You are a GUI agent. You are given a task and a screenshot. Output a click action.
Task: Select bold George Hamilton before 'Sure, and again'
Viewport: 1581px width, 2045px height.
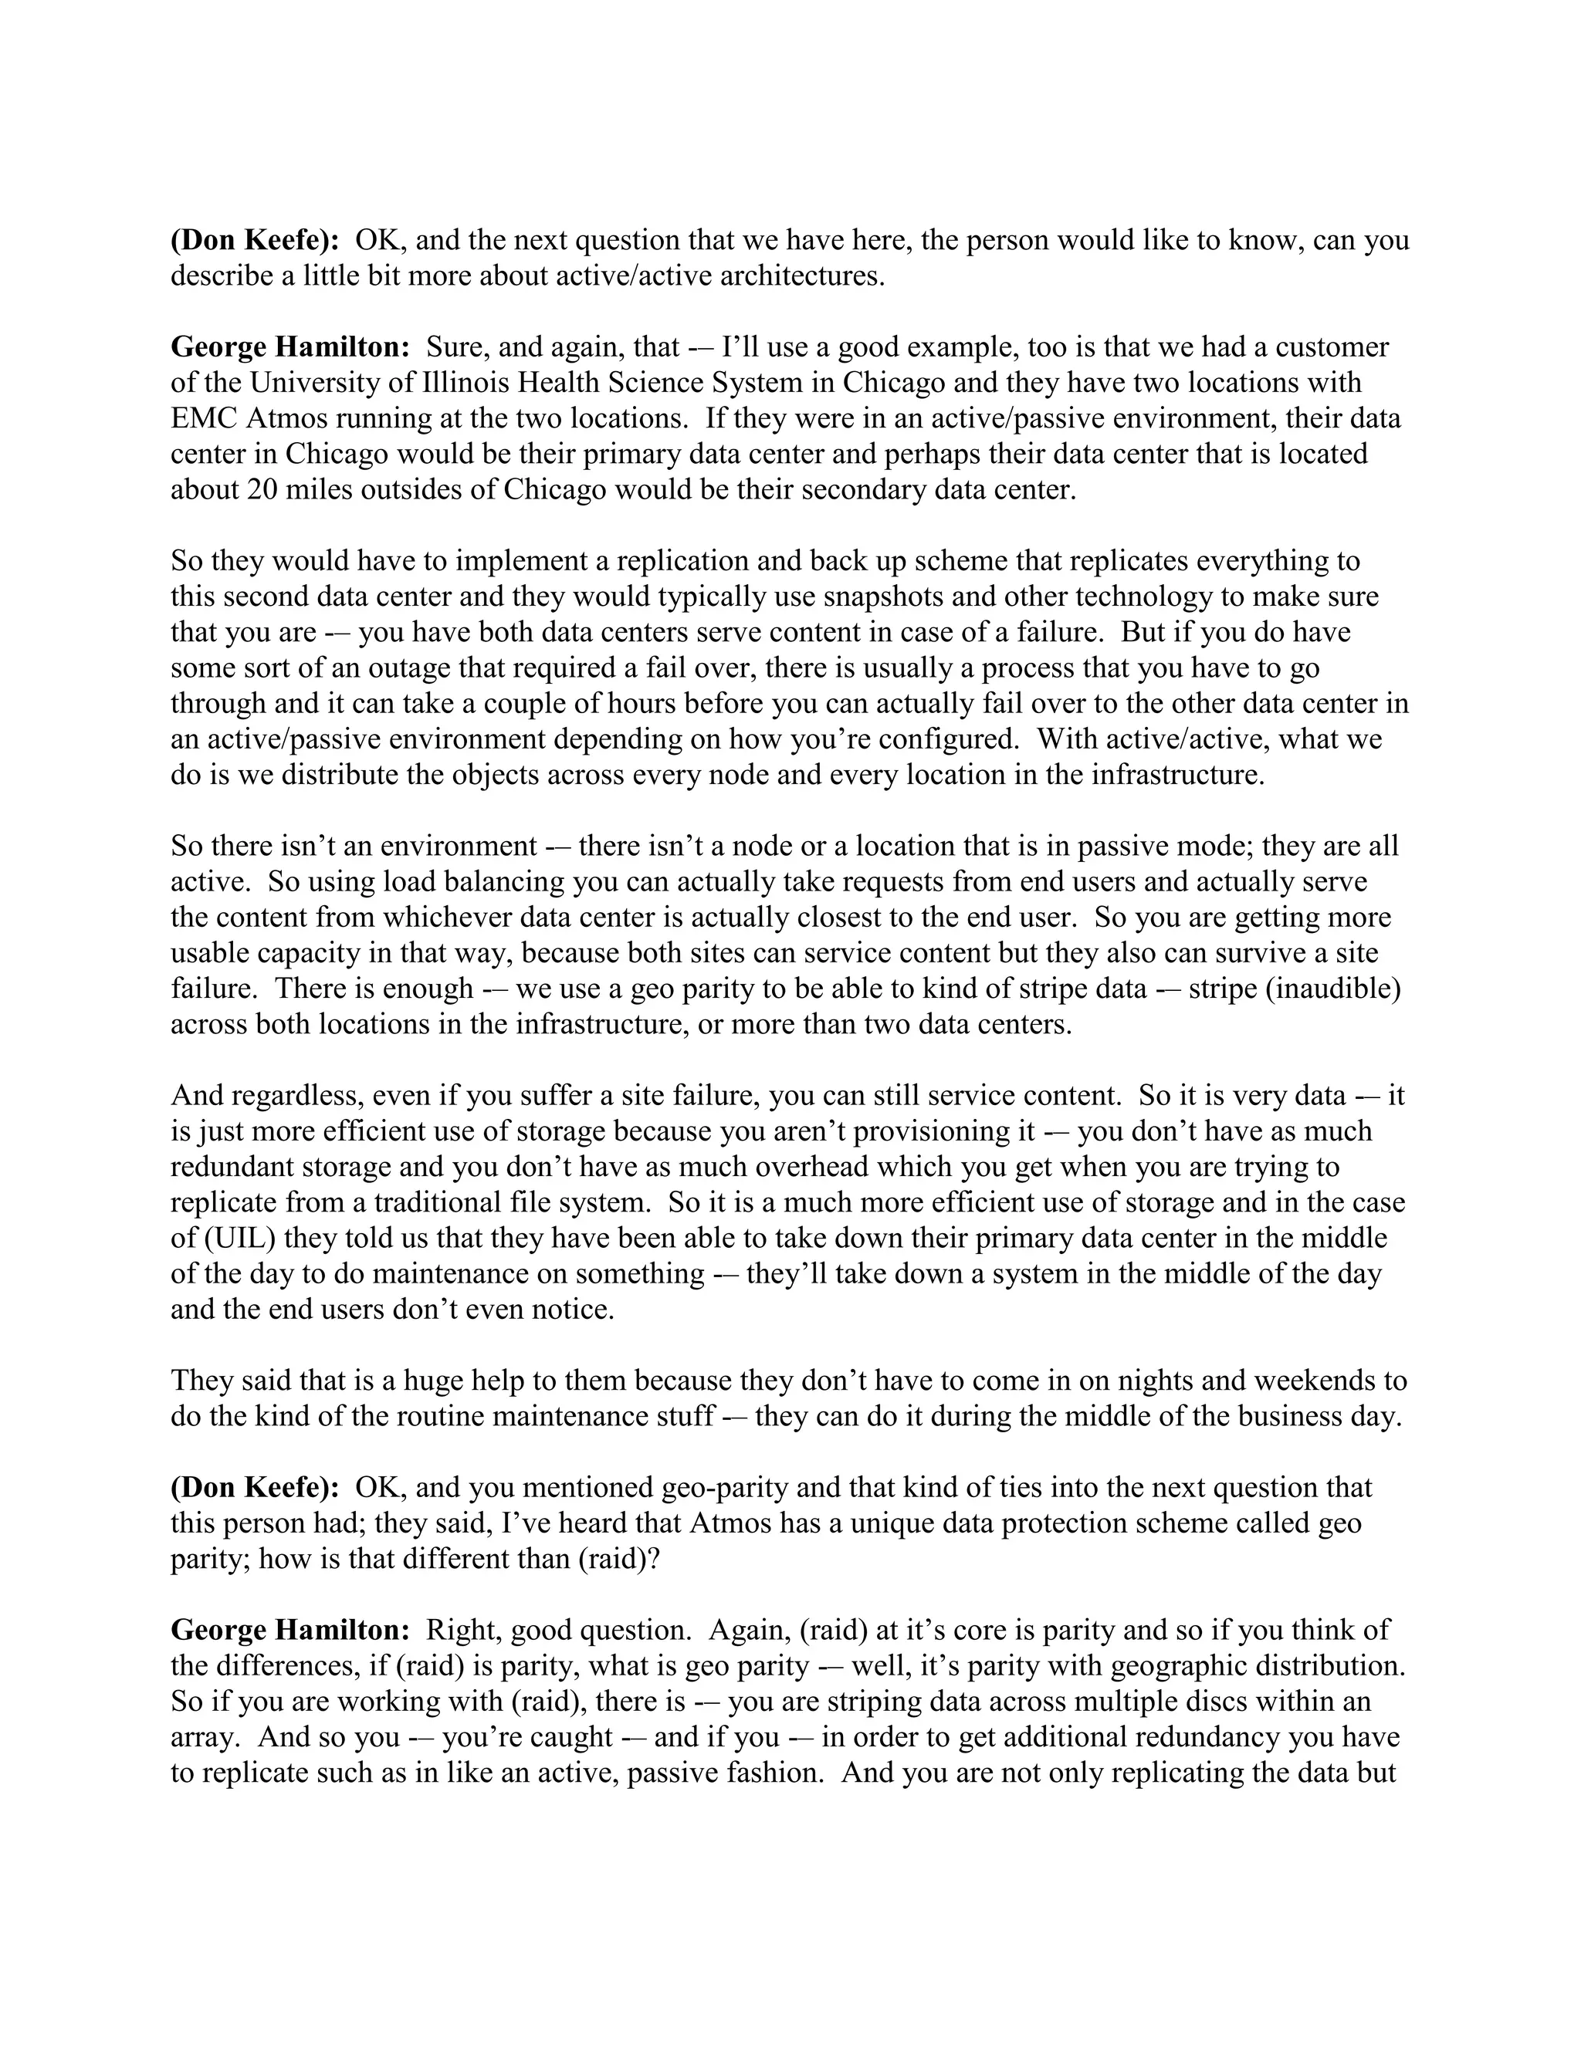click(x=289, y=347)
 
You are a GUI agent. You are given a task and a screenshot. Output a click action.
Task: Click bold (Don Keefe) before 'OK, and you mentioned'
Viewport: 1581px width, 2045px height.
click(x=255, y=1487)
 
